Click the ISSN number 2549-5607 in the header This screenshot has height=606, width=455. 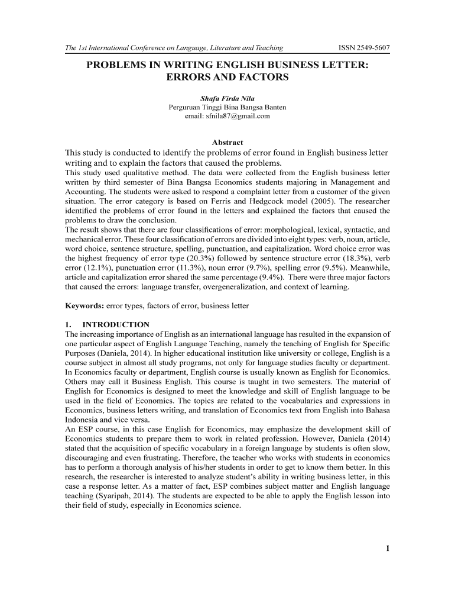(x=373, y=48)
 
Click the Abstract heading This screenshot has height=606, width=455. (x=227, y=143)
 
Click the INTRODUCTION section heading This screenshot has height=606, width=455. (x=116, y=325)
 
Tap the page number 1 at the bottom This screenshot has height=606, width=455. (x=387, y=549)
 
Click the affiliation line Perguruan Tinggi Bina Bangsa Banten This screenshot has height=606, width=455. (x=227, y=107)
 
